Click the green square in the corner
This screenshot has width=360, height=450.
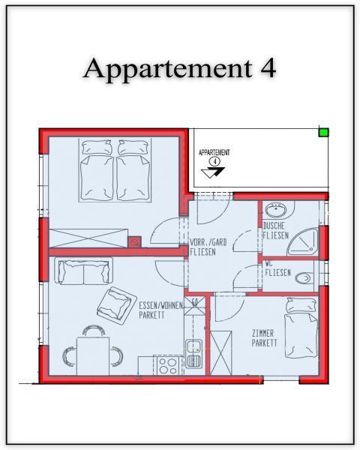point(323,132)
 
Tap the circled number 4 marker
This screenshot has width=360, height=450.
point(214,161)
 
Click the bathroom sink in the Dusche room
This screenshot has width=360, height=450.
point(275,210)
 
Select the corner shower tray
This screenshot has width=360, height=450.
point(303,241)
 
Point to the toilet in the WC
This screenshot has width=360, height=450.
point(303,277)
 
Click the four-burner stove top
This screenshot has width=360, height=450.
point(168,366)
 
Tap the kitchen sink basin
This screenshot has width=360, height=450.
point(193,353)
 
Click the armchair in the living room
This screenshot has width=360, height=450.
point(116,305)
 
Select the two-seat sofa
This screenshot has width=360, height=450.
point(83,271)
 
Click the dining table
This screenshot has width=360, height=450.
point(93,356)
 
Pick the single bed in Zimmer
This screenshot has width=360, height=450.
point(301,328)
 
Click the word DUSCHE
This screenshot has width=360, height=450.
point(274,226)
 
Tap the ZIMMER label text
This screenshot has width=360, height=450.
point(263,334)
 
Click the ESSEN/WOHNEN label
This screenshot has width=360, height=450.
point(160,305)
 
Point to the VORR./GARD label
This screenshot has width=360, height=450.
point(208,242)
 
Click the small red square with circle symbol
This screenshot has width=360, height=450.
point(134,242)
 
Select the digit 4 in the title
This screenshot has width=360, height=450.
point(268,68)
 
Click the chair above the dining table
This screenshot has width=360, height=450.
point(93,330)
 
